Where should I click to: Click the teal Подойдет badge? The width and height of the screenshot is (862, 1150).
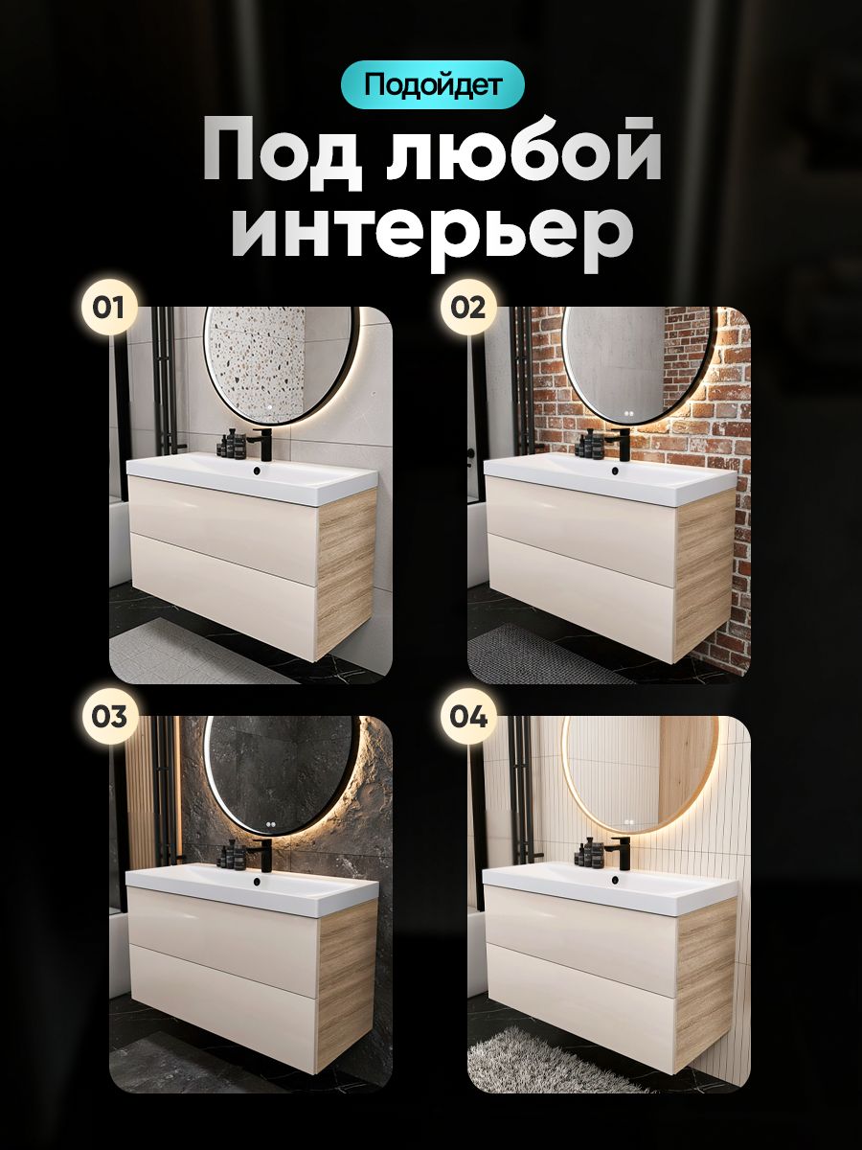(432, 84)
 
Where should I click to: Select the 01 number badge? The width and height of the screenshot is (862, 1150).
(109, 308)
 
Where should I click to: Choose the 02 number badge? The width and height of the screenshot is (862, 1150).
(467, 308)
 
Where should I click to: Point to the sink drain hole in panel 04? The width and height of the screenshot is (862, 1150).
(615, 880)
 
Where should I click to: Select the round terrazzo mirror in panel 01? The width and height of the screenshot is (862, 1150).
(282, 363)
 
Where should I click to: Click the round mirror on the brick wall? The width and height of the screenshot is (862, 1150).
(636, 363)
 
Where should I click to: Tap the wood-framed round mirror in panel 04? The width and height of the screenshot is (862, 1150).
(640, 774)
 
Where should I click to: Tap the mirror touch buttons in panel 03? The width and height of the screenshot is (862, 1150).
(270, 825)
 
